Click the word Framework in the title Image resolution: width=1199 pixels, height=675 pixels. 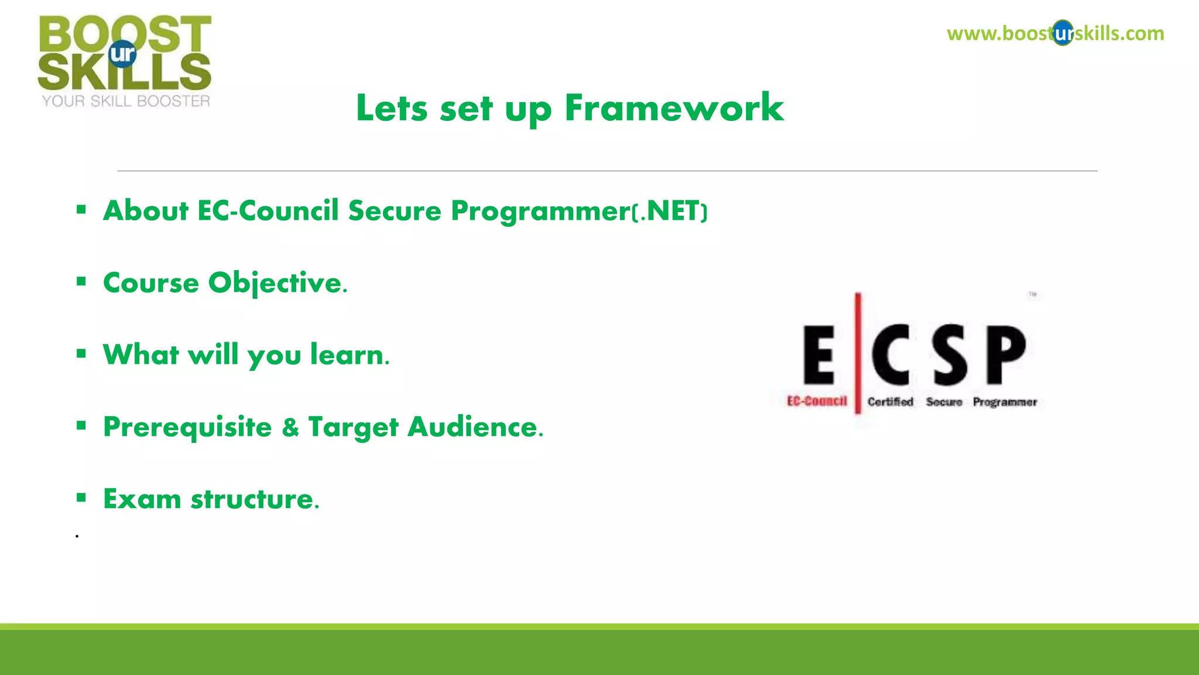(674, 108)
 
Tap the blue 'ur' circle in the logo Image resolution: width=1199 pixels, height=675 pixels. (122, 54)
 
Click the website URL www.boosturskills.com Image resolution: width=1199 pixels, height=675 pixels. (1055, 33)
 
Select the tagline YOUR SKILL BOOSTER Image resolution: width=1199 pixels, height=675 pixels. (126, 101)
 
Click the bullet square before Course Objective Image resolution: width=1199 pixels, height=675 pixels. (81, 282)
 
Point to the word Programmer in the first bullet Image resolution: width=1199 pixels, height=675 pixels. (540, 211)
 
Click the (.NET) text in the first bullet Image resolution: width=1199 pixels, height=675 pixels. (670, 212)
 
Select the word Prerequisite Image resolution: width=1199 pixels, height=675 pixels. (187, 427)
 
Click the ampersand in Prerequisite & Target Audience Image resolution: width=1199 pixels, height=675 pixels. (290, 427)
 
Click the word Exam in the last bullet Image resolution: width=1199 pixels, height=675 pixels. (142, 499)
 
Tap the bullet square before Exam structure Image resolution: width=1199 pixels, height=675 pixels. (81, 498)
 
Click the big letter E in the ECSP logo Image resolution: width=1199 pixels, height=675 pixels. (818, 355)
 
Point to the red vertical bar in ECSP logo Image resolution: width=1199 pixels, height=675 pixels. (858, 352)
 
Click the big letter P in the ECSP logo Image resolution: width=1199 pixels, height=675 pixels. (1006, 355)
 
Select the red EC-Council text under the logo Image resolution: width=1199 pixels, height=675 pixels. (817, 401)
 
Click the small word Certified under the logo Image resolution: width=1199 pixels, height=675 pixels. (890, 402)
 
